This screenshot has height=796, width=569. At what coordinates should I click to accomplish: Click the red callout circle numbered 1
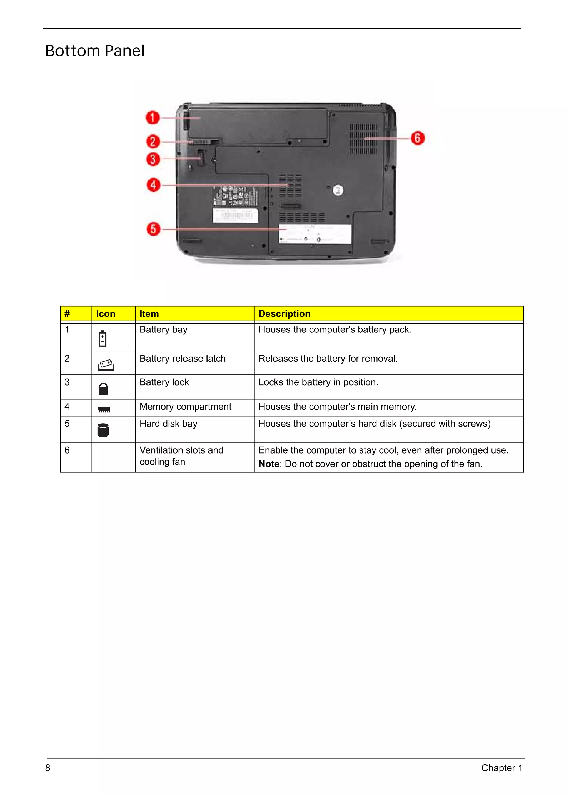point(153,118)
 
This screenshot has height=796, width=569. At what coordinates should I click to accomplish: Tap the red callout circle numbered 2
point(153,142)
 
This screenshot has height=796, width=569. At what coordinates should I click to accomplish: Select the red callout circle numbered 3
point(153,159)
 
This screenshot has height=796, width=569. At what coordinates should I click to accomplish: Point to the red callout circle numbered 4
point(153,185)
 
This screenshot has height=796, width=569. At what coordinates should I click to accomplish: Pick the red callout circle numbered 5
point(153,229)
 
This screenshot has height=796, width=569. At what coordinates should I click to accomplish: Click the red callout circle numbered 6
point(418,138)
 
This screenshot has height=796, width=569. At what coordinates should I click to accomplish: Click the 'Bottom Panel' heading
point(95,51)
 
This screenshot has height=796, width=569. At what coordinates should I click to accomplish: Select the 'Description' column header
point(284,314)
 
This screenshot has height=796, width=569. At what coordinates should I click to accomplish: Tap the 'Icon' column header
point(106,314)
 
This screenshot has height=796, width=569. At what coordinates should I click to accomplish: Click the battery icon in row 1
point(102,338)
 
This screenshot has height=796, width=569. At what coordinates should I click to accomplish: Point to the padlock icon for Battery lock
point(103,389)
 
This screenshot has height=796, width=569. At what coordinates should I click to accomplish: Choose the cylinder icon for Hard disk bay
point(103,430)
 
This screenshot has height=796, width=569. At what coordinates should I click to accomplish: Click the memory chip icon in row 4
point(104,410)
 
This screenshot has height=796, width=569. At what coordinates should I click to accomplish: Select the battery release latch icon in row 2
point(106,365)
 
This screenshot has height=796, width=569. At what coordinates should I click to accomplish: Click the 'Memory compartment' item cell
point(185,407)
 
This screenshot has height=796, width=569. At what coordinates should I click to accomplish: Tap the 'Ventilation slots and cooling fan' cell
point(181,456)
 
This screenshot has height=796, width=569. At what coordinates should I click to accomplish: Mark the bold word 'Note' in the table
point(269,464)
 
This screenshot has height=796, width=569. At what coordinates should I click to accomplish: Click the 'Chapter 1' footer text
point(502,768)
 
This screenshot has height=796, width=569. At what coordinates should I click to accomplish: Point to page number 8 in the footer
point(48,768)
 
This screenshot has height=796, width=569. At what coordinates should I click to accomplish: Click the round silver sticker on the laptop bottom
point(338,190)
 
